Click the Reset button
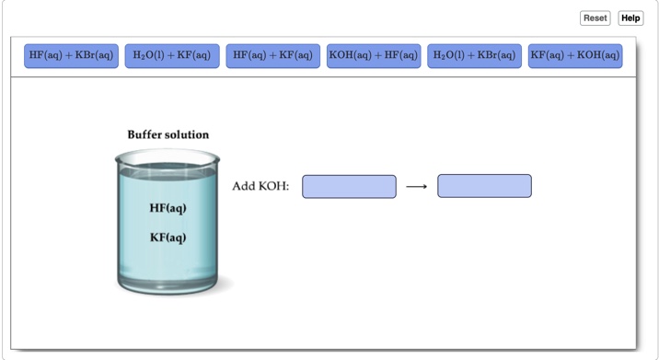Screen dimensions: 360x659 pos(595,17)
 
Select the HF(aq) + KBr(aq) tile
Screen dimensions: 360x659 pos(71,56)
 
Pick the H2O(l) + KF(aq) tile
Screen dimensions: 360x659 pos(172,56)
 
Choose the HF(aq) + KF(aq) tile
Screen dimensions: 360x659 pos(272,56)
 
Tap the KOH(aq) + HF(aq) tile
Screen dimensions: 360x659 pos(374,56)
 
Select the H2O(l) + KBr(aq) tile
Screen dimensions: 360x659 pos(474,56)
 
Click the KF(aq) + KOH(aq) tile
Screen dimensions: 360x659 pos(575,56)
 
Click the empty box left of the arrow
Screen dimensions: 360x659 pos(349,186)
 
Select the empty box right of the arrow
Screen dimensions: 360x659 pos(484,186)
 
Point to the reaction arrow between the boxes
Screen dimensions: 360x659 pos(417,187)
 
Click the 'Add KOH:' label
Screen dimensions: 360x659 pos(260,186)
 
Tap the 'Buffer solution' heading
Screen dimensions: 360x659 pos(168,134)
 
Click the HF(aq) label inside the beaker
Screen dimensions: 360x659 pos(168,208)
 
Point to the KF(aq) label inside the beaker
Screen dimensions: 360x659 pos(168,238)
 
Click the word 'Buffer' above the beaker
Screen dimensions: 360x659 pos(147,134)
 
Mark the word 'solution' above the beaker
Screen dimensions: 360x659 pos(189,134)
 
